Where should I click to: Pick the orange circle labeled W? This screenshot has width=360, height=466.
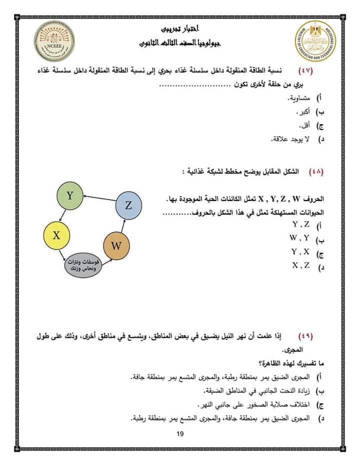click(116, 246)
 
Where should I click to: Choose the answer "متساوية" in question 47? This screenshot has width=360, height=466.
click(300, 97)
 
